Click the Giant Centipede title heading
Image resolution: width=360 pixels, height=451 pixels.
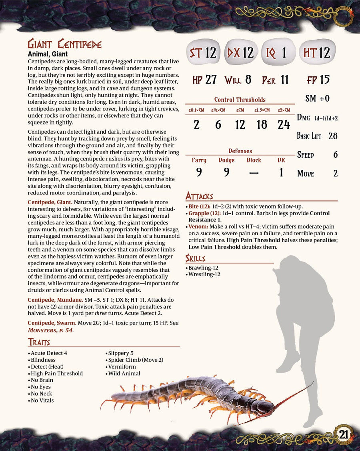pos(64,44)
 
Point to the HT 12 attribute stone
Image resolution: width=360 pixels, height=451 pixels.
pos(317,52)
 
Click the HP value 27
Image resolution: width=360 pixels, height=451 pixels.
pos(211,80)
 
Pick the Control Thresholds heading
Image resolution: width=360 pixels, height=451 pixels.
pos(240,100)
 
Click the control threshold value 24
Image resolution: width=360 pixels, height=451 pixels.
pos(284,125)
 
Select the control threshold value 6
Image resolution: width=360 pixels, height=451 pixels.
pos(218,125)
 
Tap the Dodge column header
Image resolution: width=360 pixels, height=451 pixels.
pos(226,160)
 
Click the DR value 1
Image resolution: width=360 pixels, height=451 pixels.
pos(281,172)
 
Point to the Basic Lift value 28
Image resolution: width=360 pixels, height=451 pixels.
pos(333,136)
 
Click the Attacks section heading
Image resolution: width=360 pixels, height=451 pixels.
pos(199,196)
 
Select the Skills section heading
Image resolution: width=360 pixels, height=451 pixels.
pos(196,258)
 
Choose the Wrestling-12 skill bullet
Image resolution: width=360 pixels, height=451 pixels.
pos(204,275)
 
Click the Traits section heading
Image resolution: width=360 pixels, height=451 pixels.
pos(39,342)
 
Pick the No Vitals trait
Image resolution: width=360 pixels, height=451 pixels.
pos(42,400)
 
